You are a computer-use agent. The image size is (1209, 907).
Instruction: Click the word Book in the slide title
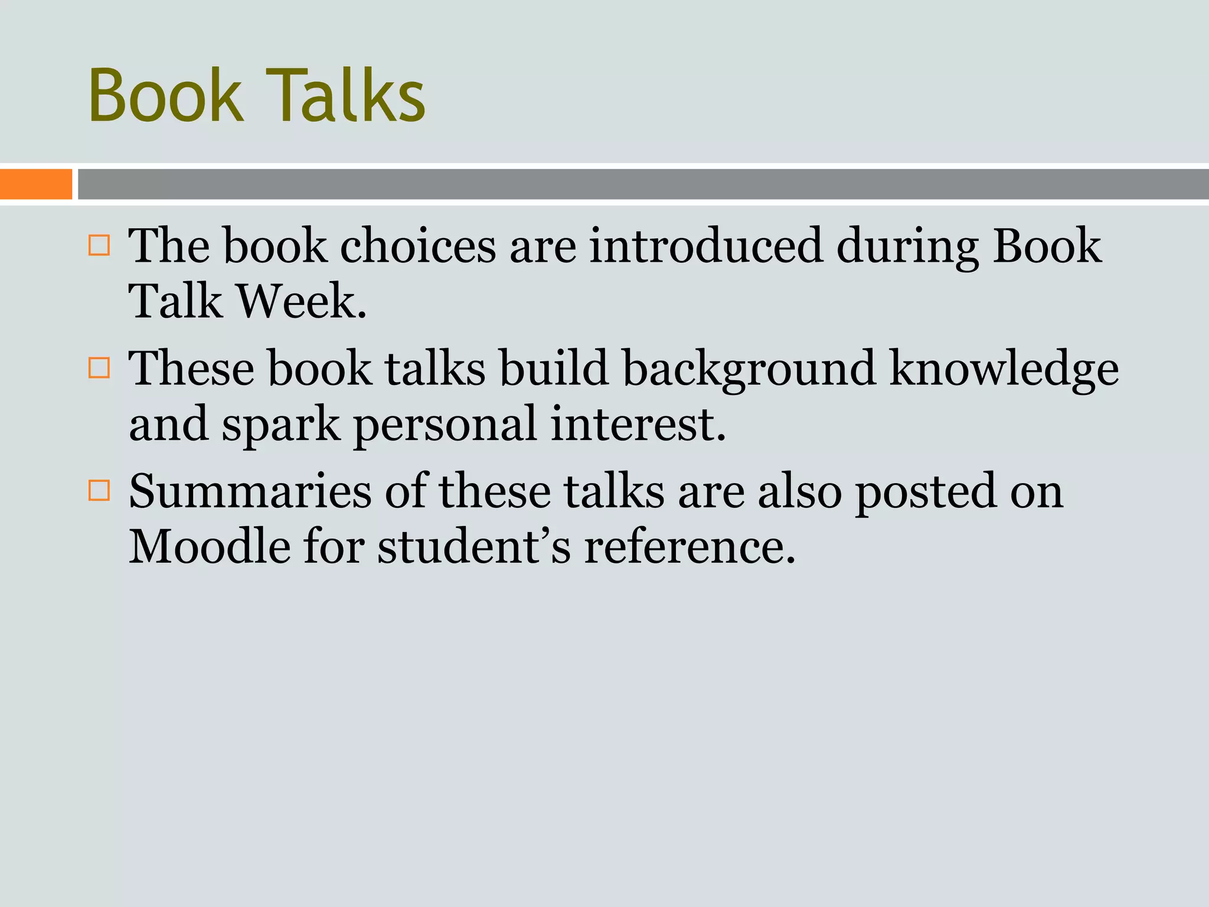pos(166,96)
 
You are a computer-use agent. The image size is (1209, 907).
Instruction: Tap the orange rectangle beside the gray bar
pos(36,184)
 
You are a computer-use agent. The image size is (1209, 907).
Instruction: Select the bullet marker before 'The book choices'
pos(99,245)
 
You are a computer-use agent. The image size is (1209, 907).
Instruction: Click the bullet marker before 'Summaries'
pos(99,490)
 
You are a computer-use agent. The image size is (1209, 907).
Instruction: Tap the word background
pos(749,369)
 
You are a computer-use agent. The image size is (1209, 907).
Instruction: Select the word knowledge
pos(1004,369)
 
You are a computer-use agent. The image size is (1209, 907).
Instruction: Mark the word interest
pos(638,424)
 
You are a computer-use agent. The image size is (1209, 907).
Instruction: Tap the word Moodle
pos(210,547)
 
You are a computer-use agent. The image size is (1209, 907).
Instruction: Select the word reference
pos(690,547)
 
